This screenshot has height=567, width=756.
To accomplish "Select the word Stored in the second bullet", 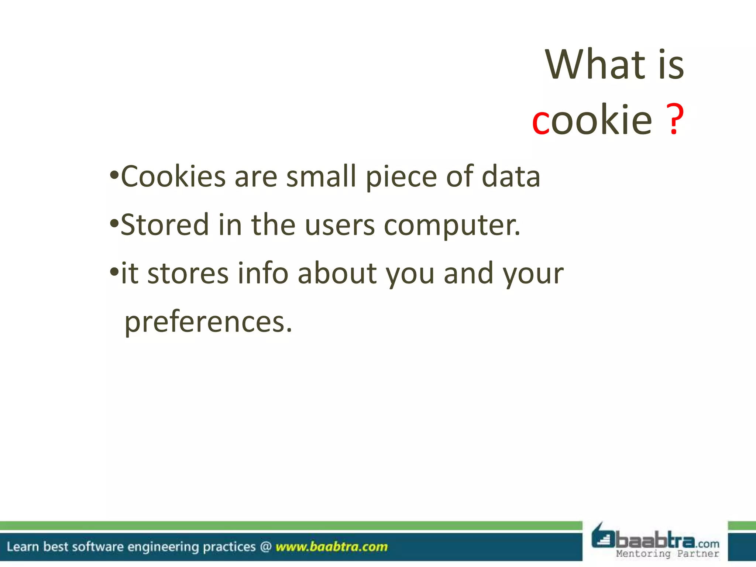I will click(165, 225).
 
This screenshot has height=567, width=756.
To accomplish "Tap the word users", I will click(340, 226).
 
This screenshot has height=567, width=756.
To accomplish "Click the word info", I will click(262, 273).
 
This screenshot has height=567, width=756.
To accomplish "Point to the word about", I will click(337, 273).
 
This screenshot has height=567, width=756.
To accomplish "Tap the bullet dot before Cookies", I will click(114, 175).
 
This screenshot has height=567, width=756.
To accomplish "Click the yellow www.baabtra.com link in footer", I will click(331, 547).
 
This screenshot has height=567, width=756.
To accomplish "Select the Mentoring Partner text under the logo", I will click(667, 553).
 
